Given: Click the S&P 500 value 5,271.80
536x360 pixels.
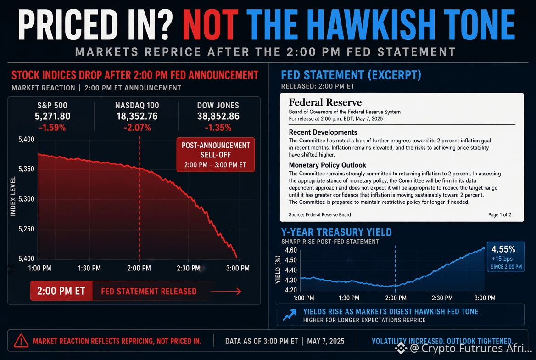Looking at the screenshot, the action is pyautogui.click(x=52, y=116).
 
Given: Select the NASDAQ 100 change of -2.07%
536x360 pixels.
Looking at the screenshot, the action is pyautogui.click(x=137, y=128).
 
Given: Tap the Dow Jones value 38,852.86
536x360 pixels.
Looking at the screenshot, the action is pyautogui.click(x=218, y=116).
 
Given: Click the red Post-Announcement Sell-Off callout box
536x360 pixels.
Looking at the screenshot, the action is pyautogui.click(x=215, y=155).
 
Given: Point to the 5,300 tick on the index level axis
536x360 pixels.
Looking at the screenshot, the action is pyautogui.click(x=26, y=199).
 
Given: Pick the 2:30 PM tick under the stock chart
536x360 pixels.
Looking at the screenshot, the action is pyautogui.click(x=188, y=268).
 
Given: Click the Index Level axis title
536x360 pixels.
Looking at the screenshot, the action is pyautogui.click(x=13, y=197).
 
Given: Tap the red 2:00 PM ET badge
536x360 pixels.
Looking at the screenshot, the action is pyautogui.click(x=61, y=291).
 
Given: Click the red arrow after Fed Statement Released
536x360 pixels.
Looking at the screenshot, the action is pyautogui.click(x=226, y=291).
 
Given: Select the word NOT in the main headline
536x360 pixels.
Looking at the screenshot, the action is pyautogui.click(x=210, y=25).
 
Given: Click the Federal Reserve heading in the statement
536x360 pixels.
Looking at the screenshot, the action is pyautogui.click(x=325, y=102).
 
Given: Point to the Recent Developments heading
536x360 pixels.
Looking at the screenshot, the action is pyautogui.click(x=323, y=132).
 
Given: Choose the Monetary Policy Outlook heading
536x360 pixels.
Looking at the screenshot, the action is pyautogui.click(x=328, y=165).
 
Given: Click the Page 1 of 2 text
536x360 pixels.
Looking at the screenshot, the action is pyautogui.click(x=499, y=214).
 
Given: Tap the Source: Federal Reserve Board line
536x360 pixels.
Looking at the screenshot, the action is pyautogui.click(x=319, y=214).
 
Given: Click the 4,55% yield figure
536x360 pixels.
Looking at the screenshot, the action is pyautogui.click(x=503, y=249).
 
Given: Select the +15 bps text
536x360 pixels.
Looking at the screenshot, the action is pyautogui.click(x=502, y=259).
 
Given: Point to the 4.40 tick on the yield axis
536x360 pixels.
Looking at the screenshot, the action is pyautogui.click(x=291, y=270).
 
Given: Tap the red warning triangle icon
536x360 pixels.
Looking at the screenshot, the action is pyautogui.click(x=21, y=341).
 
